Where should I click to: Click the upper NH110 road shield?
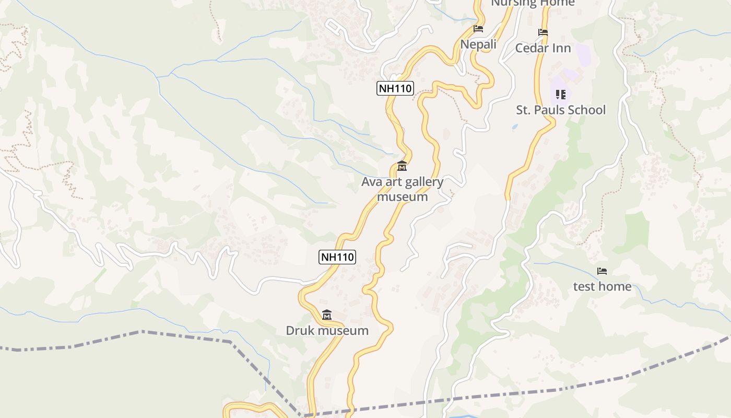(395, 88)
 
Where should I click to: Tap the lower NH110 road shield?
(337, 257)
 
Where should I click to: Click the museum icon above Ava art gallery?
(402, 167)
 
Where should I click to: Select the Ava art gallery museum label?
(402, 189)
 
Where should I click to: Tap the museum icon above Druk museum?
(327, 315)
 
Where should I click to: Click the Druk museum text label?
(327, 331)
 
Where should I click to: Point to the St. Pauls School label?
(561, 110)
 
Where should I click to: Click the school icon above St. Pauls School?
(561, 95)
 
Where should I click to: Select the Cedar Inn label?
(543, 49)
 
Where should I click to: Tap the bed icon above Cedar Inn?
(543, 32)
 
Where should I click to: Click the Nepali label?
(478, 45)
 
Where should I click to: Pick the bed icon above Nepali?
(478, 29)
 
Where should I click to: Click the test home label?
(602, 287)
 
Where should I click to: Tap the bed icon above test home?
(602, 271)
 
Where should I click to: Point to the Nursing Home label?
(533, 3)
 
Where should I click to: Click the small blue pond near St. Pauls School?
(515, 127)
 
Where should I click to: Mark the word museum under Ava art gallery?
(402, 197)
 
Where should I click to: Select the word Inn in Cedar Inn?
(562, 49)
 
